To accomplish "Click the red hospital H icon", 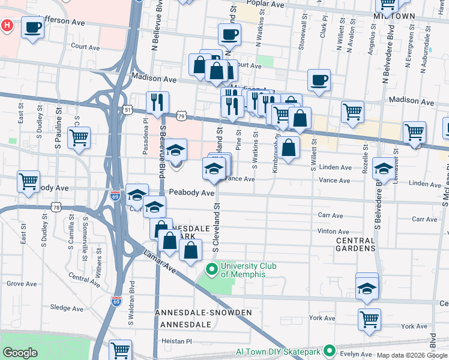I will pos(7,26).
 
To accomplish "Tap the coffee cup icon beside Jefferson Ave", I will pos(32,27).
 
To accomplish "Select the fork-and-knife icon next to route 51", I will pos(157,103).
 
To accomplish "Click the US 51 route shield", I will pos(127,110).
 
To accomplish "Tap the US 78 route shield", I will pos(56,208).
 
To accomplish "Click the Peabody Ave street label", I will pos(191,193).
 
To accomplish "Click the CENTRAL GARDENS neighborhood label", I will pos(355,244).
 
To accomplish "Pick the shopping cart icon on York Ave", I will pos(369,319).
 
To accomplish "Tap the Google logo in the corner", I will pos(20,353).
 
